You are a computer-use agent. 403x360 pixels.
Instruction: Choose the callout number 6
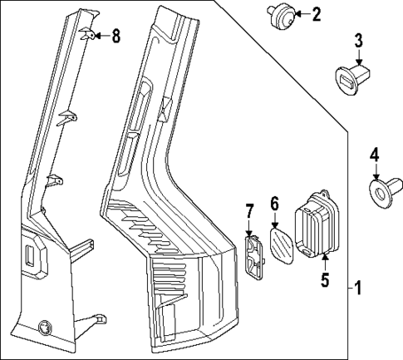274,204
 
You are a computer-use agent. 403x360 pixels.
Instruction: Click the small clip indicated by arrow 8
88,34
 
